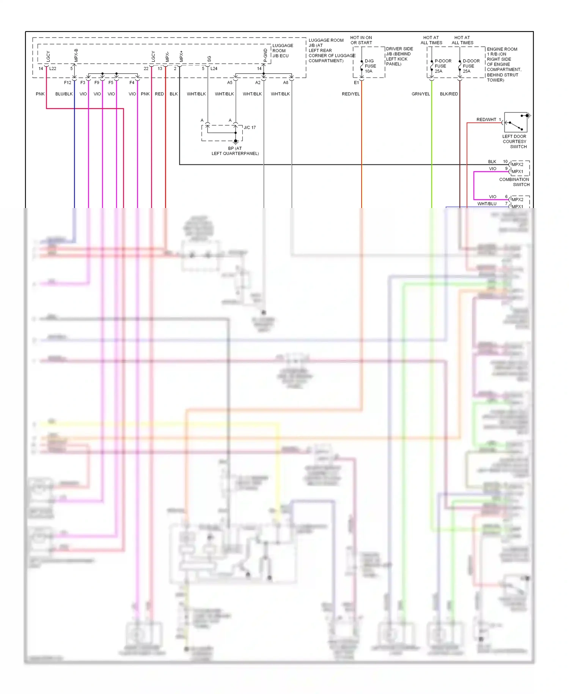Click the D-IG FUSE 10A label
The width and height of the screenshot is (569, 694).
click(370, 66)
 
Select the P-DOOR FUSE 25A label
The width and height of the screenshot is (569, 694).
click(443, 66)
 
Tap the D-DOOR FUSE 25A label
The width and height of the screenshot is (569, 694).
click(471, 66)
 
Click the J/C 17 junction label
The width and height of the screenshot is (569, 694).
click(250, 128)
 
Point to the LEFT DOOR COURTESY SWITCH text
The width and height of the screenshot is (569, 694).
click(514, 142)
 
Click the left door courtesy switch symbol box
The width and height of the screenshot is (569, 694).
click(516, 122)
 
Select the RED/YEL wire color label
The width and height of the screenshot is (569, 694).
click(351, 94)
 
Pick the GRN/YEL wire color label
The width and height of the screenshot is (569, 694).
click(421, 94)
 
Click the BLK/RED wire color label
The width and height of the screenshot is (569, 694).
click(449, 94)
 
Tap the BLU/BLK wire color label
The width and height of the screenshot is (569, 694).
click(64, 94)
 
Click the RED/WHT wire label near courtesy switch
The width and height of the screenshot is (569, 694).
click(486, 120)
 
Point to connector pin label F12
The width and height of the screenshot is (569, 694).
click(68, 82)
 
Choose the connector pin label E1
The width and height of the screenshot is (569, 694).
click(356, 82)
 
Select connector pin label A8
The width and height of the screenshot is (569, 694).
click(286, 82)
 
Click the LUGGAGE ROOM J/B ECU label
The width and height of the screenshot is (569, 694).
click(283, 50)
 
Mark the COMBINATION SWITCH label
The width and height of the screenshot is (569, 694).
click(514, 182)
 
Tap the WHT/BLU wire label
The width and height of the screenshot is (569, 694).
click(487, 204)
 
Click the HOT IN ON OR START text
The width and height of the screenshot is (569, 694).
click(361, 40)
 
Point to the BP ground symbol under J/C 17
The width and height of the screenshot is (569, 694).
click(236, 142)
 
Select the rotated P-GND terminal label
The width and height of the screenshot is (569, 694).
click(265, 55)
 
